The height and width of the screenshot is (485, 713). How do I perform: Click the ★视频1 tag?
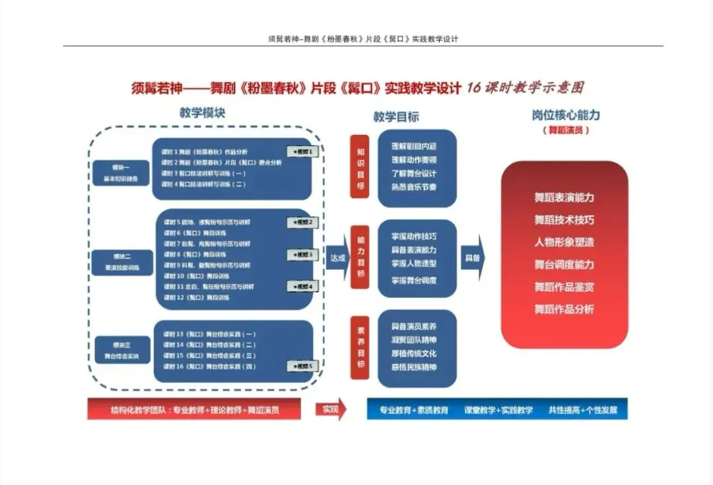point(303,152)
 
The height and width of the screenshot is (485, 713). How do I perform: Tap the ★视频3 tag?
point(303,254)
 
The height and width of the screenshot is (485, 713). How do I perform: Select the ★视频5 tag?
point(303,366)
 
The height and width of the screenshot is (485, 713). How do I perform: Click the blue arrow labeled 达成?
point(338,258)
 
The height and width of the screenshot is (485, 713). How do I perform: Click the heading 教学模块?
point(202,113)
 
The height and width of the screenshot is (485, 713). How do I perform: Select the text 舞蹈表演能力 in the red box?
point(564,198)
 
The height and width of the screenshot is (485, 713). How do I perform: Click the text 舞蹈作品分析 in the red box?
point(564,309)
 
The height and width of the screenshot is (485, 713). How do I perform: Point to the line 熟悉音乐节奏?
point(414,187)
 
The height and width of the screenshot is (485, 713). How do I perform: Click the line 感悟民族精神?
point(414,367)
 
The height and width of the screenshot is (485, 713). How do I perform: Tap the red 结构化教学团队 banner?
point(194,410)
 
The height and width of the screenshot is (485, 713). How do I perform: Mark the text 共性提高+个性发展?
point(583,410)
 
